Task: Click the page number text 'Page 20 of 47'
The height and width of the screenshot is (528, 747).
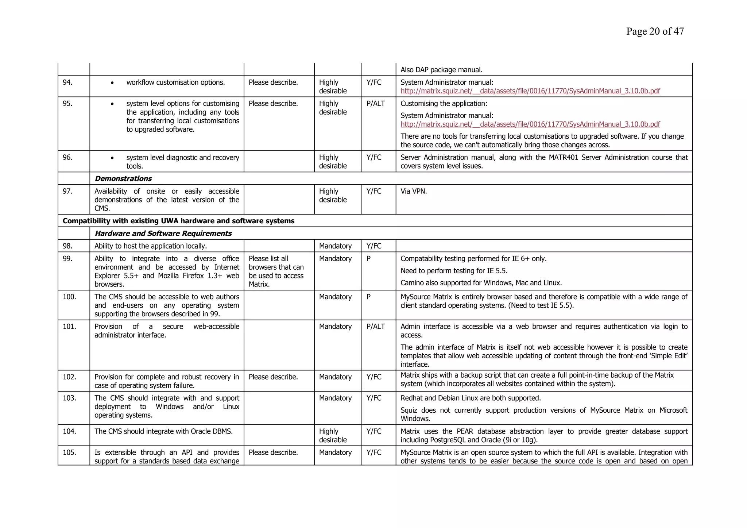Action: (655, 31)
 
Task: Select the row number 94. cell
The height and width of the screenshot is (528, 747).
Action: (68, 82)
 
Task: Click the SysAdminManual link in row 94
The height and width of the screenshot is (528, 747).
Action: (530, 91)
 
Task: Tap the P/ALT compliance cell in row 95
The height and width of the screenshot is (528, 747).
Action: (375, 104)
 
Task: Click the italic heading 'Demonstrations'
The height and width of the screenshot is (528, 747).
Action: (123, 178)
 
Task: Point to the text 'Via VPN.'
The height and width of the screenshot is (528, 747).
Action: (413, 191)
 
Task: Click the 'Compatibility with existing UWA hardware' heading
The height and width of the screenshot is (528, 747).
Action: (178, 221)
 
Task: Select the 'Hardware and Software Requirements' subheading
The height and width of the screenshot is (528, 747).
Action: (163, 233)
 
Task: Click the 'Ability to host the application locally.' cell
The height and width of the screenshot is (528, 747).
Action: (151, 246)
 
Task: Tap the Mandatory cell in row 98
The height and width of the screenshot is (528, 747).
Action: (335, 246)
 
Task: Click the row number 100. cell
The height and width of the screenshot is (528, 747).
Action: (69, 297)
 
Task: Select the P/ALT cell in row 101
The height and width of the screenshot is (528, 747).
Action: (375, 327)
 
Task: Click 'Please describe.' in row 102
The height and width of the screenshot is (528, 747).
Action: (273, 377)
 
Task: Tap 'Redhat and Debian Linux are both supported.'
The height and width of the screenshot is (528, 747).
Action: (471, 398)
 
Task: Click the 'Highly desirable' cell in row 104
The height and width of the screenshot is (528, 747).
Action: (333, 435)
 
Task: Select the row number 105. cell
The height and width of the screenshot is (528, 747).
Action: (69, 452)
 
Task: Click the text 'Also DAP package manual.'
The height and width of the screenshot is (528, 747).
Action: (441, 70)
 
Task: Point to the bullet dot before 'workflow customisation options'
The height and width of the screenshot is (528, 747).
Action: (112, 83)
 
